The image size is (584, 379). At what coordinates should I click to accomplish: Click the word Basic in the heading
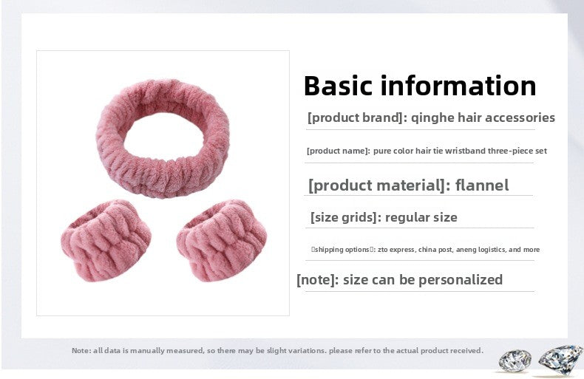click(338, 86)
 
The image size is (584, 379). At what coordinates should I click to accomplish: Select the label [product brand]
click(355, 118)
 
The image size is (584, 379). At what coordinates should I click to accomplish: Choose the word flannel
click(482, 185)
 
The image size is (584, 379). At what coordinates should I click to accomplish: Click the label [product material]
click(376, 185)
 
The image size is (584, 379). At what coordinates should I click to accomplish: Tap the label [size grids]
click(344, 217)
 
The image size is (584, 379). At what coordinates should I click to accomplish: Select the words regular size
click(421, 217)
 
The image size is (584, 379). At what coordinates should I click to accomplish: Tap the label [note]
click(316, 279)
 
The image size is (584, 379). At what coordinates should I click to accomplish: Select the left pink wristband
click(106, 241)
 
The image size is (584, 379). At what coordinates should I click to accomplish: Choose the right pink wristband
click(221, 241)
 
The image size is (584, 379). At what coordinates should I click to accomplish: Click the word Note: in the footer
click(81, 350)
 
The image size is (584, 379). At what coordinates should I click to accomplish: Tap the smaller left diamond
click(515, 361)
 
